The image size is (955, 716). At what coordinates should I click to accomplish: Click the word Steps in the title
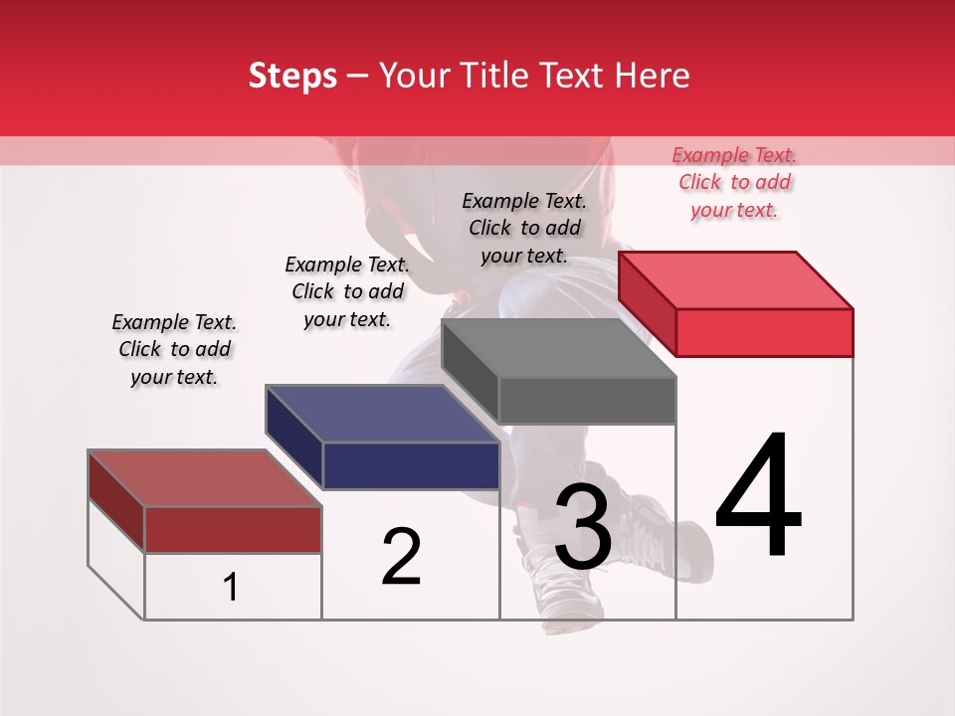(x=292, y=76)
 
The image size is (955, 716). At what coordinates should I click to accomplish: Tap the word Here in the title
(x=652, y=76)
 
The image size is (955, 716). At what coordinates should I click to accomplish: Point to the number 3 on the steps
(x=583, y=527)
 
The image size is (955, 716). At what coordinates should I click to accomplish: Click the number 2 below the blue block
(x=401, y=557)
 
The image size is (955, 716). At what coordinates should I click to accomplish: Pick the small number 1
(x=231, y=588)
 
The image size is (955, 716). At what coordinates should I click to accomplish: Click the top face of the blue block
(x=382, y=413)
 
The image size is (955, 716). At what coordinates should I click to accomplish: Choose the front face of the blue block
(x=411, y=465)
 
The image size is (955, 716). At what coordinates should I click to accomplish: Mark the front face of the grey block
(x=587, y=401)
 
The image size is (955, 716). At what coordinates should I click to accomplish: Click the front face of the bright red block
(x=764, y=332)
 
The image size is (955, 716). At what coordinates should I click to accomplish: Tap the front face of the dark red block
(x=233, y=530)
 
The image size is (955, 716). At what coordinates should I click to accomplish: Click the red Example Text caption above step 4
(x=734, y=182)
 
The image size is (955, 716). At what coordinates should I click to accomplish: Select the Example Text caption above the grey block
(x=524, y=228)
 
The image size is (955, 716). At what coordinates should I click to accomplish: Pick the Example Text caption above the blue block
(x=347, y=291)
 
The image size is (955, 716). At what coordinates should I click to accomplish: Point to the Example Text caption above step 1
(x=174, y=349)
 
